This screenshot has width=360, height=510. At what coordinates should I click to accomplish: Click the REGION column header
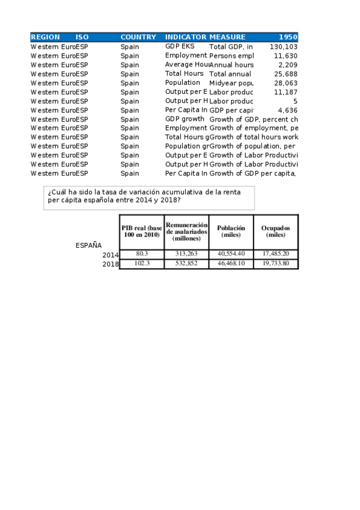point(45,37)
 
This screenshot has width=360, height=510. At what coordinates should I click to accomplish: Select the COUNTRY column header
point(138,37)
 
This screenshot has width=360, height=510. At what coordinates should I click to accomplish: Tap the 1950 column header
point(288,37)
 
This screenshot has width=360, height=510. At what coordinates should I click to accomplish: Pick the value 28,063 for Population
point(285,83)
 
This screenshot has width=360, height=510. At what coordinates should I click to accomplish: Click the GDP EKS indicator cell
point(180,46)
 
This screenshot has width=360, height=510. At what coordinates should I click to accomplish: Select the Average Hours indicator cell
point(186,64)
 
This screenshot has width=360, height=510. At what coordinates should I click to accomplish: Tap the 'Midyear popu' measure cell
point(231,83)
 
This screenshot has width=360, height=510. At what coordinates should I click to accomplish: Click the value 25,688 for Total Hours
point(285,74)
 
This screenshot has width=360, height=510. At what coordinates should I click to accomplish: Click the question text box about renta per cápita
point(149,196)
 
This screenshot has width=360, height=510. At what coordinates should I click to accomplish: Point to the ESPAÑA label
point(88,245)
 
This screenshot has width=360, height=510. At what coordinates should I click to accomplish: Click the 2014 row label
point(111,255)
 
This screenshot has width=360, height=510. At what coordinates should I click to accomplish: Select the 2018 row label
point(111,264)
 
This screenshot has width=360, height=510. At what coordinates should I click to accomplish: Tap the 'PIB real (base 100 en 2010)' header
point(142,232)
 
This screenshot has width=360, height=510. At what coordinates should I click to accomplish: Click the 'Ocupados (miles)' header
point(276,232)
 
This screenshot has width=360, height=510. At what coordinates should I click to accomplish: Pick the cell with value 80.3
point(142,254)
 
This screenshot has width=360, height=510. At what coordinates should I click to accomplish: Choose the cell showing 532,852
point(186,263)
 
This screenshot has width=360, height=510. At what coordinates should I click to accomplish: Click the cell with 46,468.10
point(231,263)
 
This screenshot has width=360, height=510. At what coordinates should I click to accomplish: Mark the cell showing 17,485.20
point(276,254)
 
